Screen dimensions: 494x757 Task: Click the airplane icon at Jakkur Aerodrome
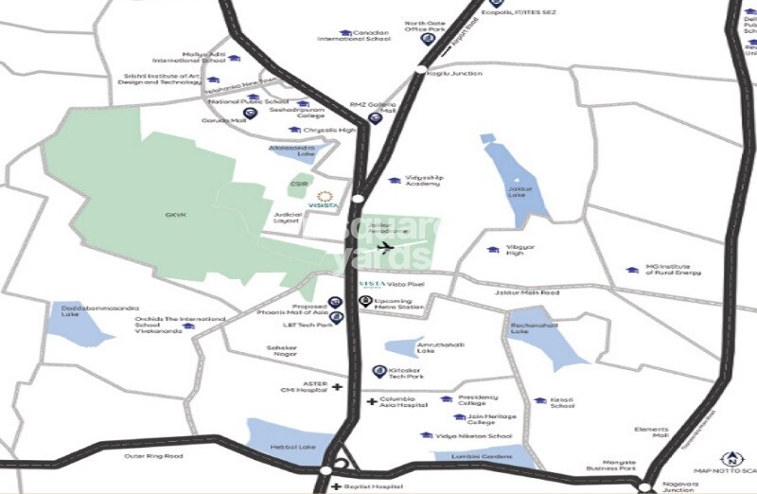(384, 248)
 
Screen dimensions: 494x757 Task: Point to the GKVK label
(177, 215)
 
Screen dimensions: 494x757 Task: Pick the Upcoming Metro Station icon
(365, 302)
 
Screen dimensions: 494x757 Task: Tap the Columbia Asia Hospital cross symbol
(372, 402)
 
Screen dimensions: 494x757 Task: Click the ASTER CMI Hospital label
(300, 388)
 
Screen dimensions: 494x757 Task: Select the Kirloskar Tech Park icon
(379, 371)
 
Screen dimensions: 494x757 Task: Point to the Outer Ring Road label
(153, 456)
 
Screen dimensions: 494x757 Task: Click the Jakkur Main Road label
(527, 293)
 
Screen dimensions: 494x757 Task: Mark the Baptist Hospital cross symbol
(335, 486)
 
